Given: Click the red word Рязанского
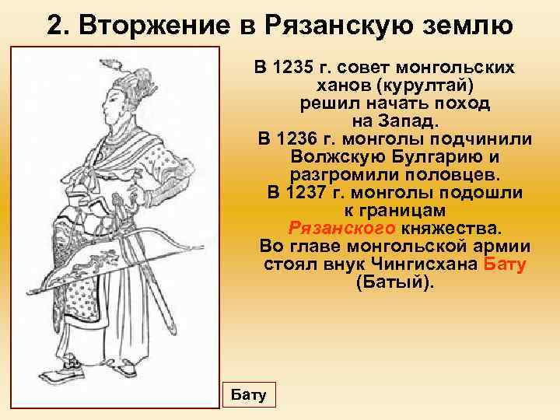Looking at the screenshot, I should [342, 229].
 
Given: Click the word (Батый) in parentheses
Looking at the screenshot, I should [394, 282].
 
